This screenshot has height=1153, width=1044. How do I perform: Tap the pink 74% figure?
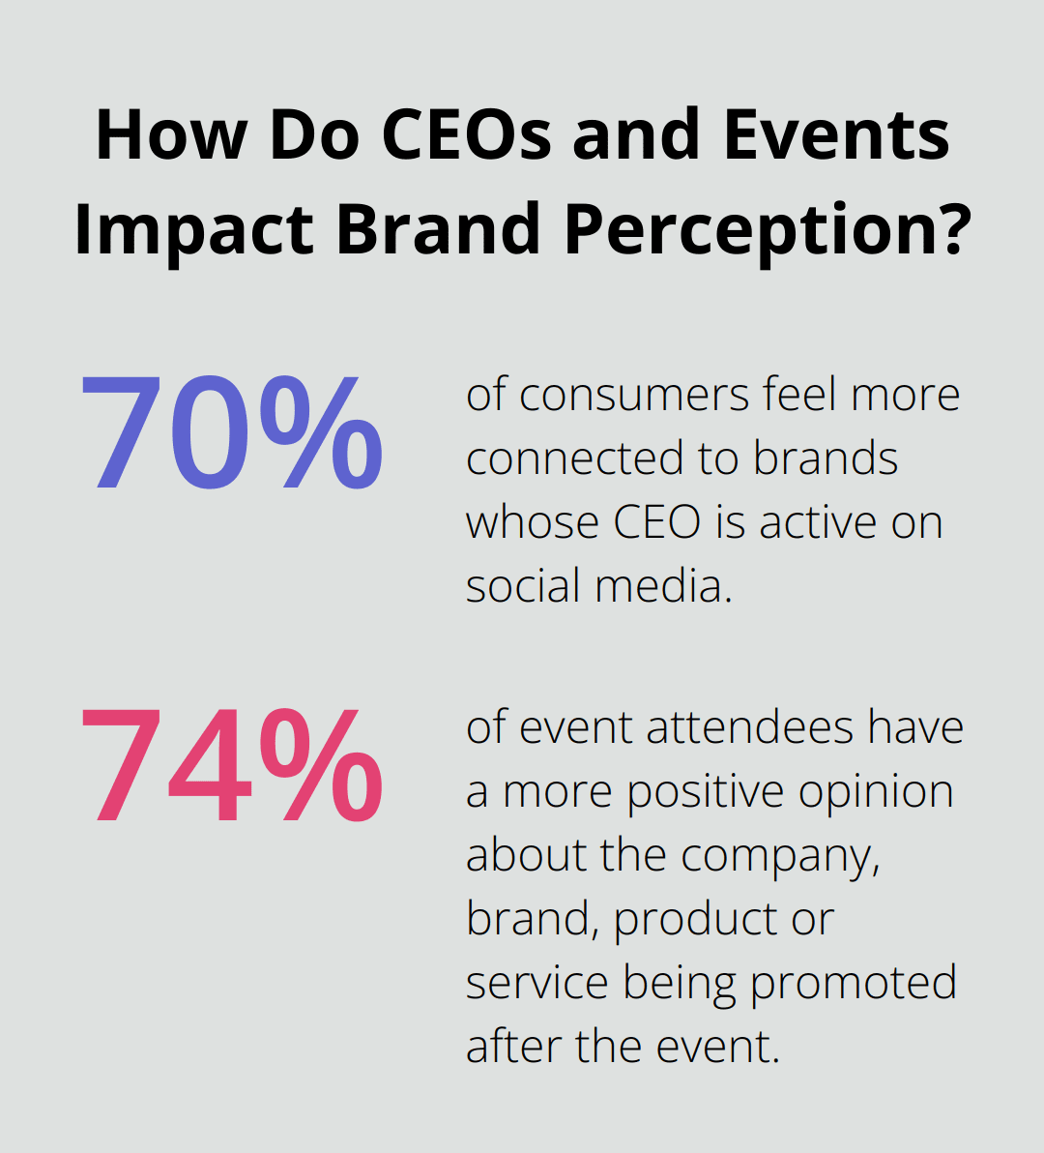point(231,766)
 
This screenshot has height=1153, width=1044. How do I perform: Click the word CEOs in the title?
point(469,135)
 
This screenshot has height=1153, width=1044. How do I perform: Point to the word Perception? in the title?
point(766,230)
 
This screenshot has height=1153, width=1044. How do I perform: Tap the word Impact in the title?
point(193,230)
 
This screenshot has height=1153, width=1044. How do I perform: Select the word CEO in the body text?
point(656,523)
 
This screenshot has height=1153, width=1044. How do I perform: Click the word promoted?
point(853,984)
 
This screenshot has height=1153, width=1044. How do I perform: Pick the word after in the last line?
point(513,1048)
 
